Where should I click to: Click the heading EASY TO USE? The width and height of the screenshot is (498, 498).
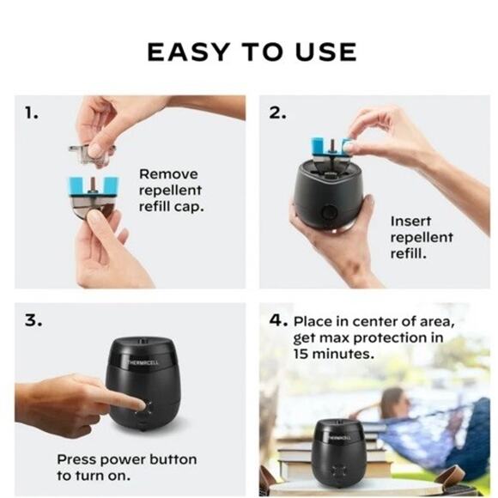point(251,52)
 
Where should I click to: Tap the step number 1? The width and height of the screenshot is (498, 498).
point(31,112)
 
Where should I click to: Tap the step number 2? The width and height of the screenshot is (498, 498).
point(277,112)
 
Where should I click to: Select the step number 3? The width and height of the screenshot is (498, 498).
point(32,320)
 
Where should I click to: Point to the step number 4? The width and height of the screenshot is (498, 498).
point(277,319)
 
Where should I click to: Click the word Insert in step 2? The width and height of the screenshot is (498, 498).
point(410,221)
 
